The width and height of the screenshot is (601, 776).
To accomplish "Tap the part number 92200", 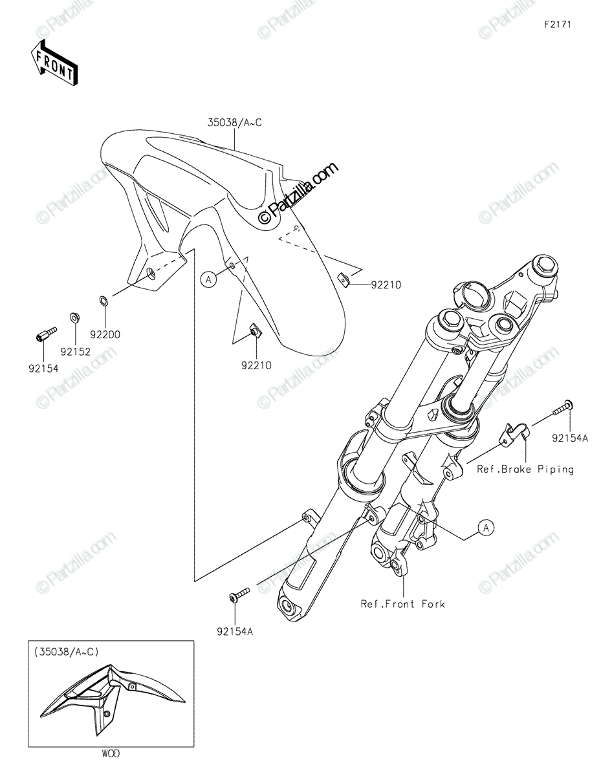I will pos(105,335).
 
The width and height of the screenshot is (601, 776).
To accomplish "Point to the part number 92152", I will pos(76,352).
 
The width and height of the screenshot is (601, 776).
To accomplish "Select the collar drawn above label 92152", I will pos(74,318).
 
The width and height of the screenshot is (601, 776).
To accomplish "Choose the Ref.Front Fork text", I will pos(403,604).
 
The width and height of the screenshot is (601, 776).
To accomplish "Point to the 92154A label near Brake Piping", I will pos(570,438).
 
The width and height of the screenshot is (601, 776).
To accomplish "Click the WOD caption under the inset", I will pos(111,753).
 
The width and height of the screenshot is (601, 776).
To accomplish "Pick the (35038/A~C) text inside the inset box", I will pos(67,652).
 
